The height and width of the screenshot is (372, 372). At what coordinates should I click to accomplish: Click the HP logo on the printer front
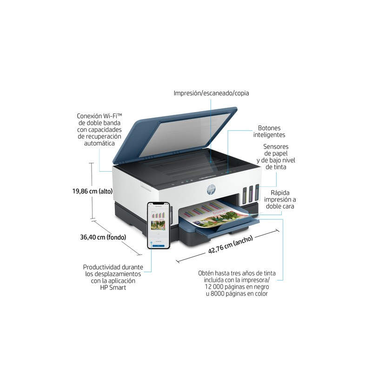coord(211,190)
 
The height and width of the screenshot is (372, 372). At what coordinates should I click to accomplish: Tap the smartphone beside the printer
coord(159,226)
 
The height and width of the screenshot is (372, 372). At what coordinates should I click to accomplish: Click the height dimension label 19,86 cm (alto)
coord(93,191)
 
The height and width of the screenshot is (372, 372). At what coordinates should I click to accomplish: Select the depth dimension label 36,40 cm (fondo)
coord(103,237)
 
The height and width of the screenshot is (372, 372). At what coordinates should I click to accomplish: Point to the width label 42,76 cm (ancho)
coord(230,245)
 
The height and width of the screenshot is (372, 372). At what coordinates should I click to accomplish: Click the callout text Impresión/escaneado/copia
coord(211,93)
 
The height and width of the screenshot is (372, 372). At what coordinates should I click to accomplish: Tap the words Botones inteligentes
coord(269,132)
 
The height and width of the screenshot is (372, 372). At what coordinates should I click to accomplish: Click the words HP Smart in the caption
coord(113,287)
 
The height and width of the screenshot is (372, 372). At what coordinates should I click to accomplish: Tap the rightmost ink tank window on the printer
coord(257,192)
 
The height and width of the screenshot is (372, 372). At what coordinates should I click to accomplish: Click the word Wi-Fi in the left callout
coord(113,116)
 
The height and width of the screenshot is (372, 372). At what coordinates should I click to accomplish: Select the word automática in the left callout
coord(100,143)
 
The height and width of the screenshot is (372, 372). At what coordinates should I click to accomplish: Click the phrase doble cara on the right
coord(280,206)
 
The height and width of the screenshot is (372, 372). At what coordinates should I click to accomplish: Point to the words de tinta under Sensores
coord(276,167)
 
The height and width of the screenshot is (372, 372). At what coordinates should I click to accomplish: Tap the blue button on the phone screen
coord(158,246)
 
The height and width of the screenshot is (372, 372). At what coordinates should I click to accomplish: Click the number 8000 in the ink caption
coord(217,294)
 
